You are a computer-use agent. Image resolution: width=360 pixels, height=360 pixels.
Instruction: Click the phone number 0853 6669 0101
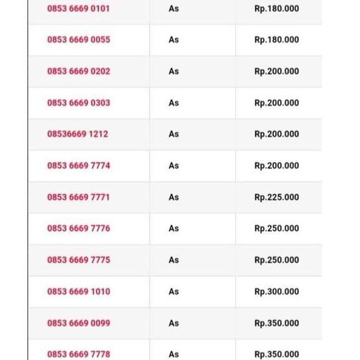coord(78,9)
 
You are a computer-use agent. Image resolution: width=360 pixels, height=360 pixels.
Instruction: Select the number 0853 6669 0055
coord(78,40)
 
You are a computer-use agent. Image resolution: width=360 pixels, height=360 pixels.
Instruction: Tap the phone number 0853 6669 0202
coord(78,71)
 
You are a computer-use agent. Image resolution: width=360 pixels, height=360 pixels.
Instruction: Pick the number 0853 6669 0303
coord(78,103)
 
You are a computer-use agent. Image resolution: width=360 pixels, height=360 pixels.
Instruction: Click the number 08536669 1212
coord(77,134)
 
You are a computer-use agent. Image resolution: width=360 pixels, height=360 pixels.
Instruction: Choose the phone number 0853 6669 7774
coord(78,166)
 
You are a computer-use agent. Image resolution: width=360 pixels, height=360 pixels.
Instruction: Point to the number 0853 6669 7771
coord(78,197)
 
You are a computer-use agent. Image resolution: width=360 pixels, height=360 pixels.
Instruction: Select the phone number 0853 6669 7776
coord(78,228)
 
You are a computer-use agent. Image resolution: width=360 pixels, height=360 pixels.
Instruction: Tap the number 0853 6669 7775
coord(78,260)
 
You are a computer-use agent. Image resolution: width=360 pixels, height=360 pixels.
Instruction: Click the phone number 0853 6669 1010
coord(78,291)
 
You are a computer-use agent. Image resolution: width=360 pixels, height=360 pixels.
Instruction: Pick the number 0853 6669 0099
coord(78,323)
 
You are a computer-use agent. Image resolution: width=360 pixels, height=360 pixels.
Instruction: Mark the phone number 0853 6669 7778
coord(78,354)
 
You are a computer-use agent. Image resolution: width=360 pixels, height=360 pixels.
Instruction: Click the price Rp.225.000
coord(276,197)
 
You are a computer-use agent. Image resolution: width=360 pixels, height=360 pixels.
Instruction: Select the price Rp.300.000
coord(276,291)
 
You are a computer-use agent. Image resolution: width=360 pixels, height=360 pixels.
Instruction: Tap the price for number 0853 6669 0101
coord(276,9)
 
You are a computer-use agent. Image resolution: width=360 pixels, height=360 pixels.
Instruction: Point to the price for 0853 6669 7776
coord(276,228)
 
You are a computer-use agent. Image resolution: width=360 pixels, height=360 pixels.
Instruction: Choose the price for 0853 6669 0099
coord(276,323)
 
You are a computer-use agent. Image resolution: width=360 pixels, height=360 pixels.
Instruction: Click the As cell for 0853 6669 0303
coord(173,103)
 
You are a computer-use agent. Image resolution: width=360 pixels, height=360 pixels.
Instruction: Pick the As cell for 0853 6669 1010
coord(173,291)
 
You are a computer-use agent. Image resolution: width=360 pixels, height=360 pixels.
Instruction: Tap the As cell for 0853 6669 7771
coord(173,197)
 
